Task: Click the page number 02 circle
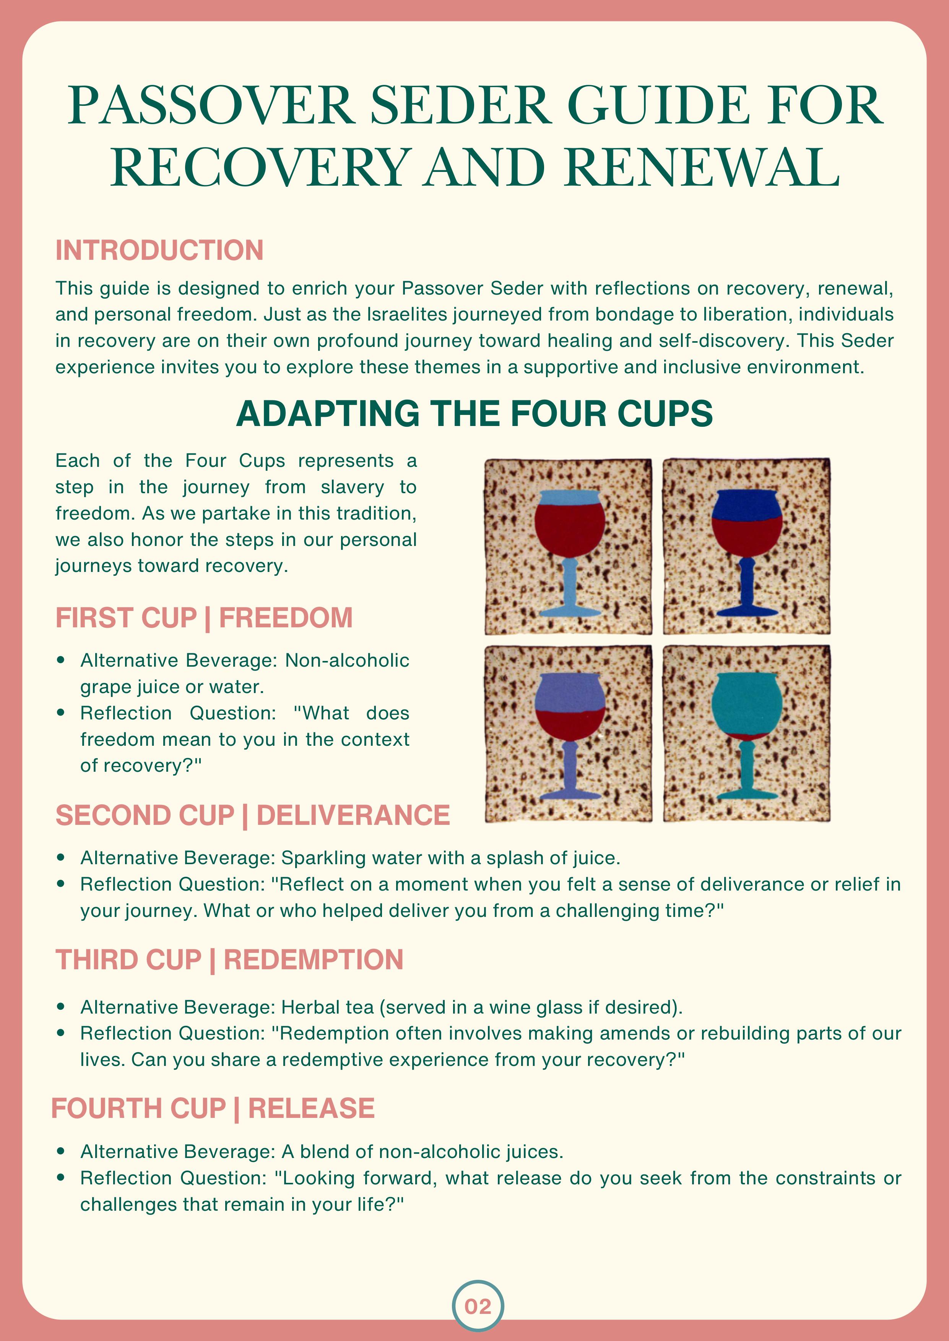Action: [x=478, y=1306]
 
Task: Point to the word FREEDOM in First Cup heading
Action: [x=286, y=618]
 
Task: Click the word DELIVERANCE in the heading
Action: [x=353, y=815]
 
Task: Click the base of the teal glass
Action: [x=746, y=795]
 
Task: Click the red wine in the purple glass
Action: [x=569, y=724]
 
